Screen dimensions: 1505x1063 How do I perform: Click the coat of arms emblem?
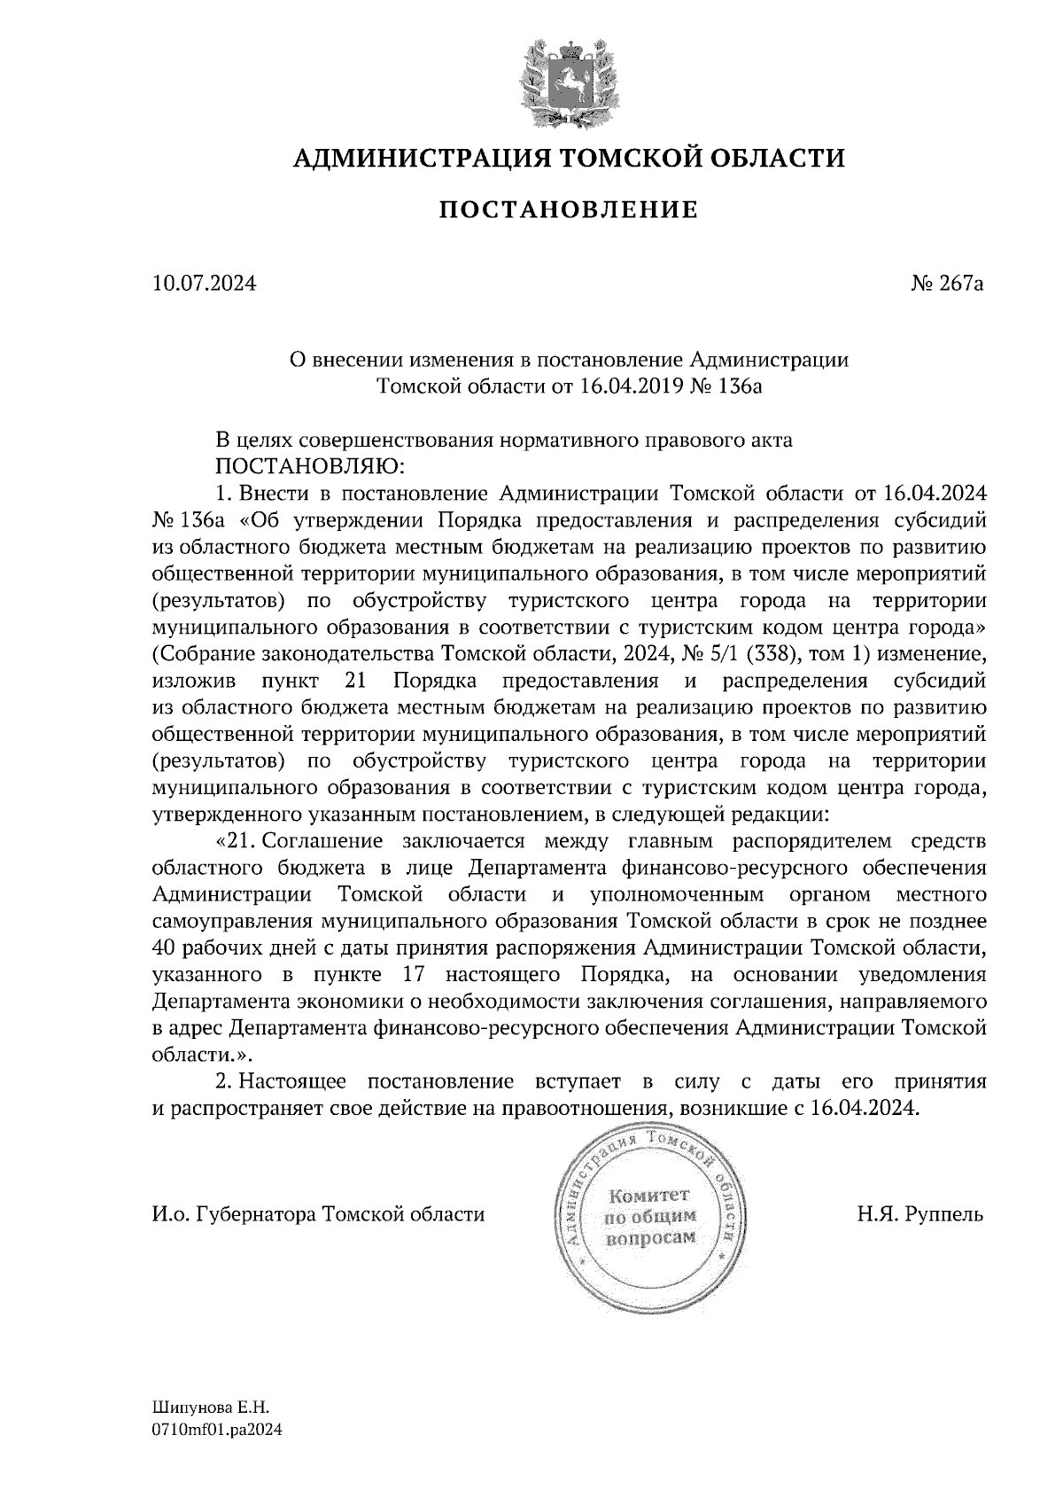569,82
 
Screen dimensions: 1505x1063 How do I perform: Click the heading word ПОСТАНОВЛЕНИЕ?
569,210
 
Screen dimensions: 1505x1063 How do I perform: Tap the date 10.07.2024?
204,285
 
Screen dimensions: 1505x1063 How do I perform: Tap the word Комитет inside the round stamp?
648,1195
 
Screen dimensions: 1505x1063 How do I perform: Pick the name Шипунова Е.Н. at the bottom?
210,1408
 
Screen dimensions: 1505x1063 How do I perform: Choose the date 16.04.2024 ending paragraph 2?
865,1109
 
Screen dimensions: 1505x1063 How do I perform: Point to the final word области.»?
202,1056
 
